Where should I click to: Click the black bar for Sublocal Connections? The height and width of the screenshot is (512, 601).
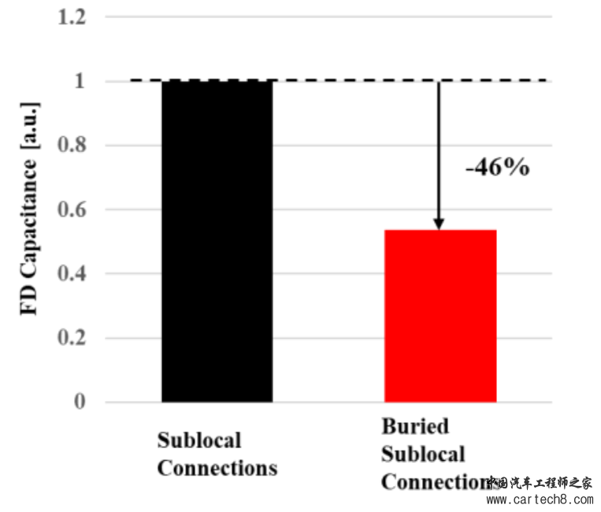[217, 240]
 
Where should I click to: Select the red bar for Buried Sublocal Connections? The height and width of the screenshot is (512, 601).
[440, 315]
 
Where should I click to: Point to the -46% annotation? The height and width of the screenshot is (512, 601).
[497, 168]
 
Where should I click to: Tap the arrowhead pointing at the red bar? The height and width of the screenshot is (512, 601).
[439, 224]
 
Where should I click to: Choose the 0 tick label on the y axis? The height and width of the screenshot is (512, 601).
[80, 403]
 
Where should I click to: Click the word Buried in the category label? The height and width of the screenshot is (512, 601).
[415, 427]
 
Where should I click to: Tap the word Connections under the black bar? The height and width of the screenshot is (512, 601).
[217, 468]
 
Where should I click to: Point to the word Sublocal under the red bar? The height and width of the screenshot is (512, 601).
[424, 454]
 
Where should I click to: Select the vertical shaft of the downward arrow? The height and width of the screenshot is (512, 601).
[439, 150]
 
